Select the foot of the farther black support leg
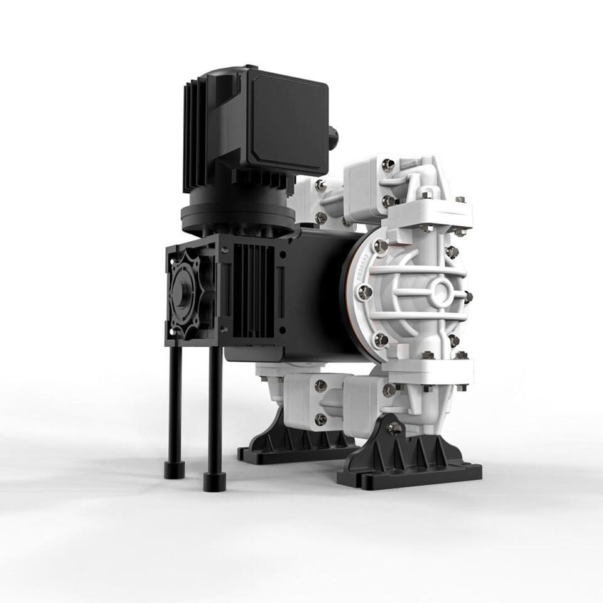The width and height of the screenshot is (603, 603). tap(171, 470)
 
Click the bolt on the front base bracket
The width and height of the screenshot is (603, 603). tap(394, 428)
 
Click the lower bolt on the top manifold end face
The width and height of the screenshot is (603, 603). tap(388, 201)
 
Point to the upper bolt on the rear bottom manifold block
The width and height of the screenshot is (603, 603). tap(320, 385)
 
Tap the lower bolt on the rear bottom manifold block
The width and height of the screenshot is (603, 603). tap(320, 418)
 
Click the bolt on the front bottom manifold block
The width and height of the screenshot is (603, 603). tap(389, 390)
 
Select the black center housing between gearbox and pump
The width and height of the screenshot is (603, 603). tap(314, 289)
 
